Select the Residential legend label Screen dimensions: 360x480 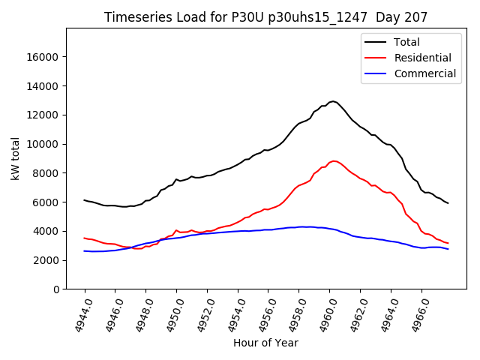point(423,58)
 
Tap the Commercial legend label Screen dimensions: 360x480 point(425,73)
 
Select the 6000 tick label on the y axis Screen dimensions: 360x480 point(48,202)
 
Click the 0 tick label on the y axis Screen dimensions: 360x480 point(57,289)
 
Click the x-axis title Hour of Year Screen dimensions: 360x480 point(265,343)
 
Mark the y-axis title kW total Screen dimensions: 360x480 point(16,159)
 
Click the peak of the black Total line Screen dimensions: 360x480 point(332,101)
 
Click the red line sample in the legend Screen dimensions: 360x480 point(375,58)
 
